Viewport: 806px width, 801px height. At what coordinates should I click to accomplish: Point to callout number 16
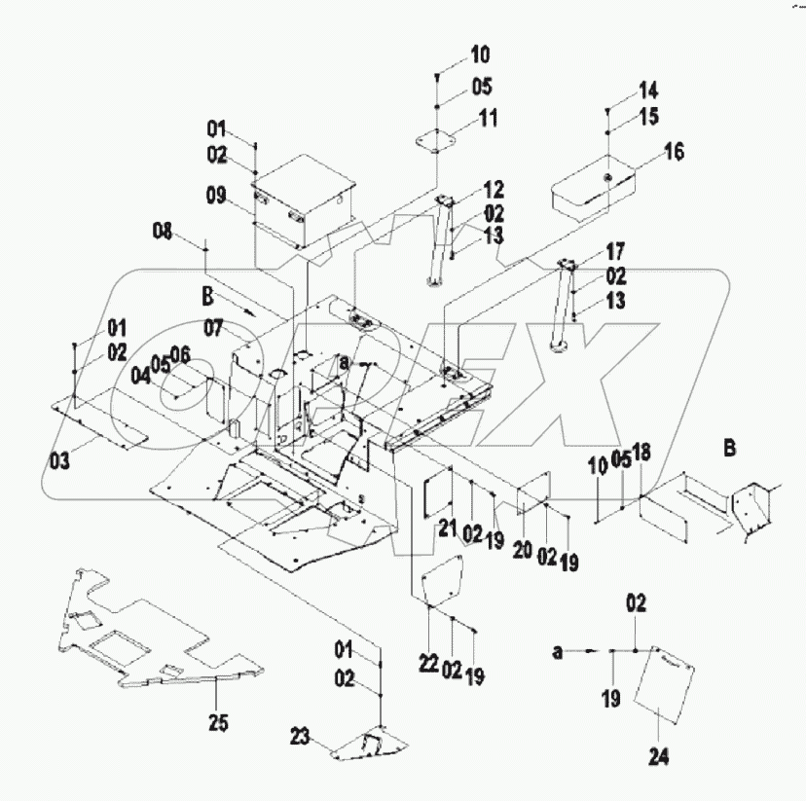click(675, 152)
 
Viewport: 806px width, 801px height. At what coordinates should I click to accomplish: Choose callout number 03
click(61, 460)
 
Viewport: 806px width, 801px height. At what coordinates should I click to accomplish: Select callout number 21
click(447, 528)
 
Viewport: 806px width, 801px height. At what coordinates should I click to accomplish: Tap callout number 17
click(617, 250)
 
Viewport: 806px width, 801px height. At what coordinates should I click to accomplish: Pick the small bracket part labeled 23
click(369, 746)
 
